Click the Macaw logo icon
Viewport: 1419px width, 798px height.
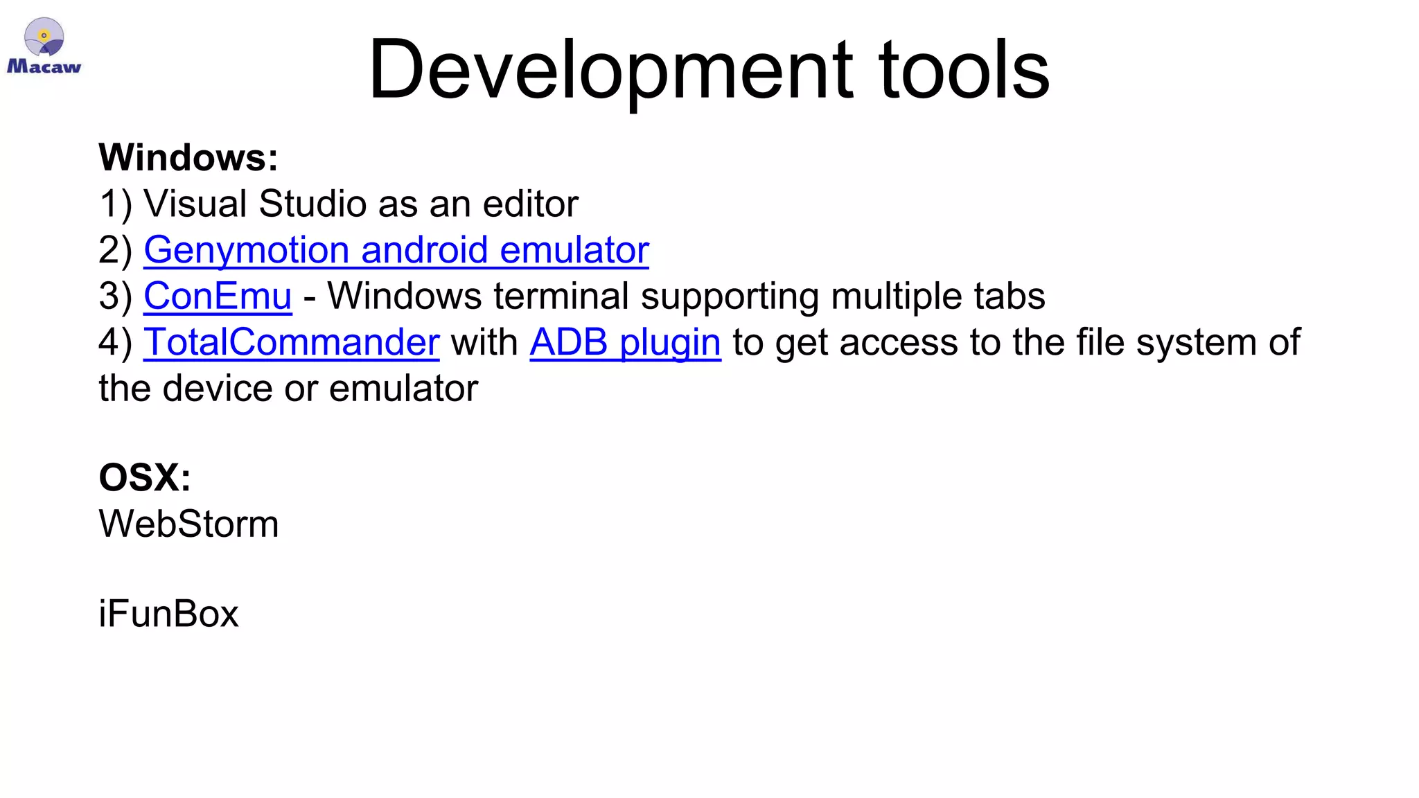(x=44, y=46)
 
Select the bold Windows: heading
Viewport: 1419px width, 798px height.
(x=188, y=157)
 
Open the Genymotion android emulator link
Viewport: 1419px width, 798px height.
(x=396, y=249)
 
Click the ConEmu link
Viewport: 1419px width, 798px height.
(x=218, y=296)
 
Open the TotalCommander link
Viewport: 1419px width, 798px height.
(x=291, y=342)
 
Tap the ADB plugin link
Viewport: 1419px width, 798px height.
(x=625, y=342)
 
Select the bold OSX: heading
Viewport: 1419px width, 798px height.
(x=145, y=477)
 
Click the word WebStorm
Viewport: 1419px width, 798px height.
(x=188, y=524)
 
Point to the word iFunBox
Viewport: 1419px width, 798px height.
(x=168, y=614)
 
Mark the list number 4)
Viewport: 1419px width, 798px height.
(x=115, y=342)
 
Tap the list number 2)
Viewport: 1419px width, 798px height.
(x=115, y=249)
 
